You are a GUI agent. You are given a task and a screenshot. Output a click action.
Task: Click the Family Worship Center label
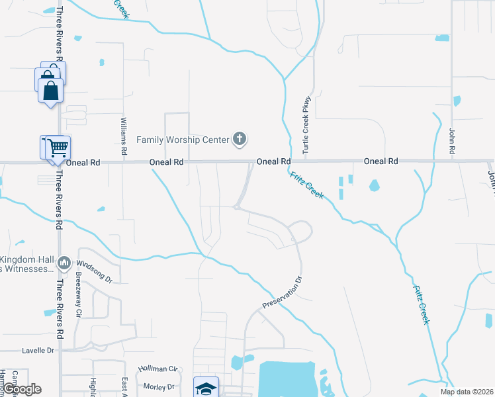pyautogui.click(x=182, y=139)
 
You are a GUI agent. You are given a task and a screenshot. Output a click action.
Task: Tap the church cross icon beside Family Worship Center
pyautogui.click(x=240, y=139)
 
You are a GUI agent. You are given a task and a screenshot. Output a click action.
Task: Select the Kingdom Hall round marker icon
pyautogui.click(x=64, y=263)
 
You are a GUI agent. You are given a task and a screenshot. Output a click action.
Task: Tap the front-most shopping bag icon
pyautogui.click(x=51, y=91)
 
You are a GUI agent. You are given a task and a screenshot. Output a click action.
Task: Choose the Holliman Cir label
pyautogui.click(x=158, y=369)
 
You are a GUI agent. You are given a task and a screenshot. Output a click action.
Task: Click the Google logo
pyautogui.click(x=21, y=389)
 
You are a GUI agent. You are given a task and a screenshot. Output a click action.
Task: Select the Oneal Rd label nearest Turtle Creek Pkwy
pyautogui.click(x=273, y=161)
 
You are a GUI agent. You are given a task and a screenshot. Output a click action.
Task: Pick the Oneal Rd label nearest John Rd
pyautogui.click(x=381, y=161)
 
